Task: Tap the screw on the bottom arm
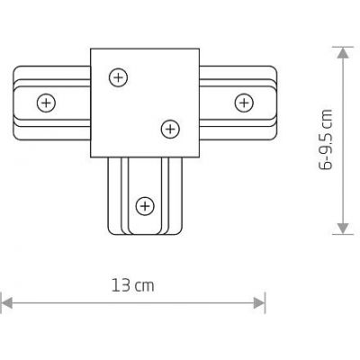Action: click(x=142, y=208)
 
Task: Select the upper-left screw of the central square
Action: click(x=116, y=78)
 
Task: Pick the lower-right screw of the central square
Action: click(x=167, y=130)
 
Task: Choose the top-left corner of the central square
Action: click(x=92, y=49)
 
